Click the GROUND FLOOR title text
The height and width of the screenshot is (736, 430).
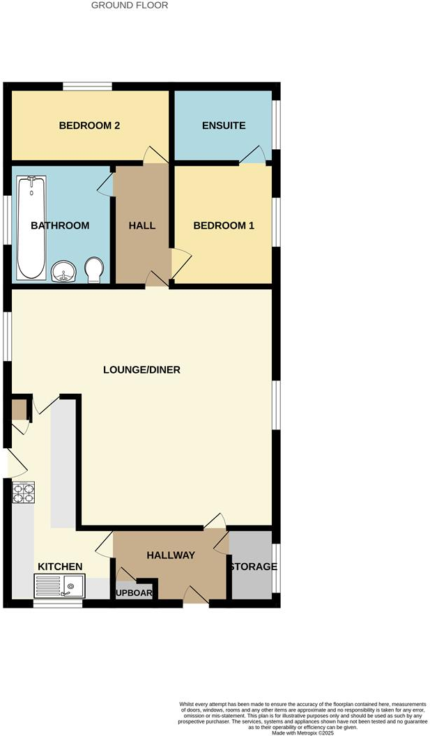coord(130,6)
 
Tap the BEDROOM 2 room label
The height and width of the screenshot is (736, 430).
coord(89,126)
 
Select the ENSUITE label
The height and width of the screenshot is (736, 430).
coord(224,126)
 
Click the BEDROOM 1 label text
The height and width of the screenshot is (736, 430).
coord(224,226)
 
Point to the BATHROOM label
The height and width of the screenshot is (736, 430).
coord(60,226)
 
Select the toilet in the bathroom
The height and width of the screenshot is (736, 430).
coord(93,269)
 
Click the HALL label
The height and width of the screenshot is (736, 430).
coord(142,226)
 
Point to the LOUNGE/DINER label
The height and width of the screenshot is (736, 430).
coord(141,370)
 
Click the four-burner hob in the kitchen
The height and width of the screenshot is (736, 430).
coord(24,493)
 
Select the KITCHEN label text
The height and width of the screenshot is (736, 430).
coord(61,567)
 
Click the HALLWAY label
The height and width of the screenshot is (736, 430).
coord(171,555)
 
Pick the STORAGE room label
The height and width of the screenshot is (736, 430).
coord(252,567)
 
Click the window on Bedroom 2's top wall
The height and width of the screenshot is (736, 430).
coord(87,86)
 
